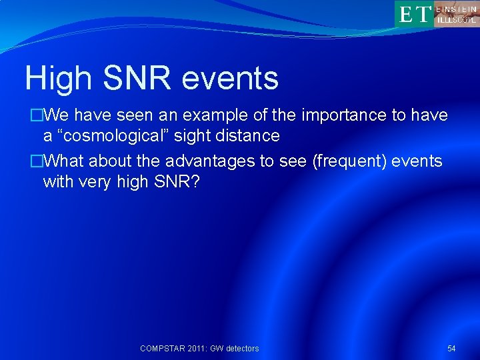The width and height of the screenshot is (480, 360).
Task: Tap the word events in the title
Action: tap(229, 79)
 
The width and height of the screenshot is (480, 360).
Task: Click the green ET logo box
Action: tap(414, 13)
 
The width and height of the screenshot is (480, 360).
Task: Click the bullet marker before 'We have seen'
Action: tap(37, 115)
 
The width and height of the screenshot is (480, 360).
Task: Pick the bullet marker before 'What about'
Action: tap(37, 161)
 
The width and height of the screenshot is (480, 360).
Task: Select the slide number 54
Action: tap(451, 348)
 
